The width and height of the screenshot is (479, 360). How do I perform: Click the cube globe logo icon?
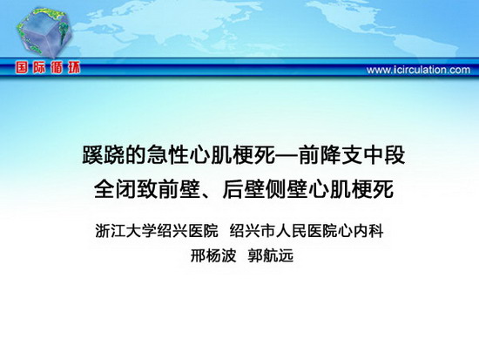(x=44, y=32)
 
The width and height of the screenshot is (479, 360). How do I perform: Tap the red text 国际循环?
(x=48, y=68)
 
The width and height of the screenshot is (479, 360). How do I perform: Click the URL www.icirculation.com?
(x=418, y=70)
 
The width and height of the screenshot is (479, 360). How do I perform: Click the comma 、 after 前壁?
(x=206, y=194)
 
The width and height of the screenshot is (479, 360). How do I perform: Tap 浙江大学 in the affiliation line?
(x=125, y=231)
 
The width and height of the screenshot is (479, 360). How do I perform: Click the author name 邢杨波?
(x=213, y=255)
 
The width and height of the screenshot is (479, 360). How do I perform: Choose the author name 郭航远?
(x=271, y=255)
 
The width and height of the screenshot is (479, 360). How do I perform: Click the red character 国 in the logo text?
(x=22, y=68)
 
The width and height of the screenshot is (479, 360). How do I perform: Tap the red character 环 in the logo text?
(x=74, y=68)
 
